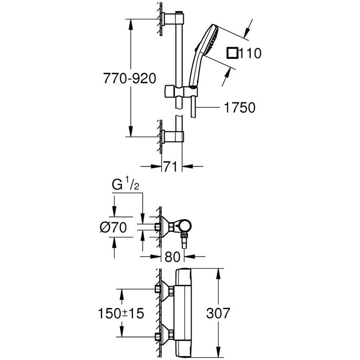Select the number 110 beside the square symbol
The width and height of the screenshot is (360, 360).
250,53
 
